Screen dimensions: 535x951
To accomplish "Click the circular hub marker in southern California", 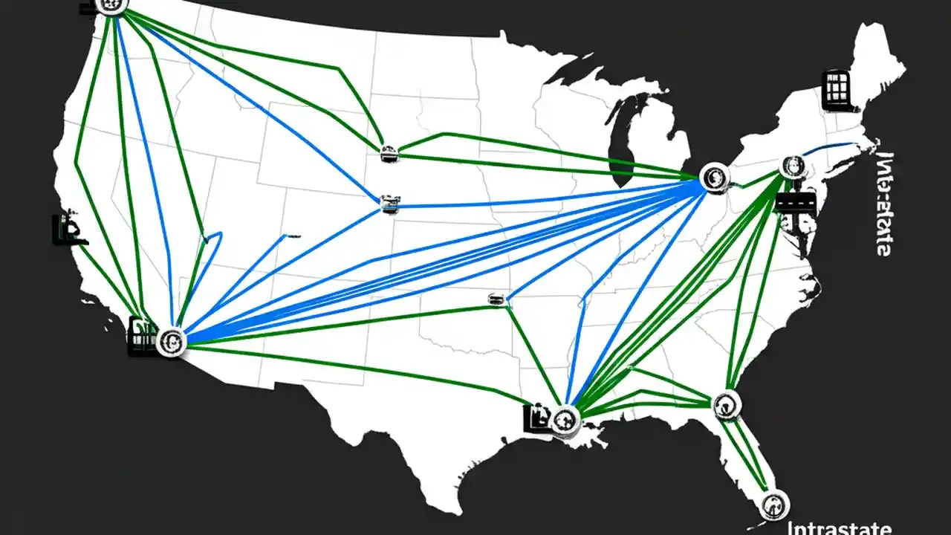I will tap(172, 341).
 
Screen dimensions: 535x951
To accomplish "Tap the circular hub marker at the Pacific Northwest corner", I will tap(112, 4).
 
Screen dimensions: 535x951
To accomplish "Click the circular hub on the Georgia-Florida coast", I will tap(727, 403).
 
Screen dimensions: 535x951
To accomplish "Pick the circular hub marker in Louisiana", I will tap(566, 419).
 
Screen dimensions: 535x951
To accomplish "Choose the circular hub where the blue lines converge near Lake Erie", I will tap(714, 178).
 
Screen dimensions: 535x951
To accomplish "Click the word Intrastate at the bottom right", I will tap(840, 528).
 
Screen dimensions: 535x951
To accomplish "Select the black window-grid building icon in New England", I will tap(836, 91).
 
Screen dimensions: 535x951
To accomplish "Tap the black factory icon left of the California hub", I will tap(140, 336).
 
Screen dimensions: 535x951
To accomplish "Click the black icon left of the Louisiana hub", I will tap(536, 418).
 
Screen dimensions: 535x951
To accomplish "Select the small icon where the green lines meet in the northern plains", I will tap(389, 155).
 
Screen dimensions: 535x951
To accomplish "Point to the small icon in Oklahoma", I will tap(496, 299).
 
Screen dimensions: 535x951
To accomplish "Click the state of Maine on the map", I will tap(877, 59).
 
